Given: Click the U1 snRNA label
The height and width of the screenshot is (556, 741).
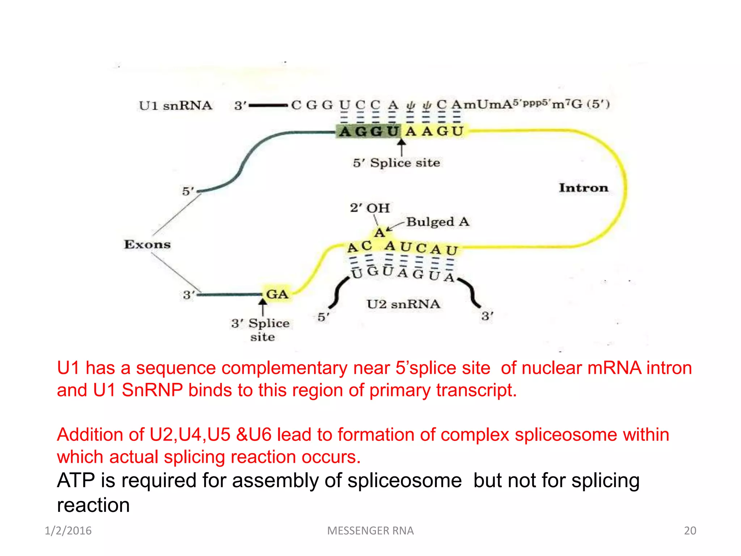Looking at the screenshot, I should [x=175, y=106].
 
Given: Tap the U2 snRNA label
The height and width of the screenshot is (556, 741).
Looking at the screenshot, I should [x=403, y=304].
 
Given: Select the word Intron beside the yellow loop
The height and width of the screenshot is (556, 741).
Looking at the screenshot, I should [x=583, y=188].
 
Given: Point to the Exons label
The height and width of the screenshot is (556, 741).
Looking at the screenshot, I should [x=147, y=244].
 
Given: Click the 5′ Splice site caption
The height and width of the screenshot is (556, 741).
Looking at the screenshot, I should [x=397, y=163].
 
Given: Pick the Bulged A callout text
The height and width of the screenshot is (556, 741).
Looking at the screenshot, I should [x=438, y=222].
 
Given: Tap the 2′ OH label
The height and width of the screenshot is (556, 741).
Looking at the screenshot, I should [x=370, y=208].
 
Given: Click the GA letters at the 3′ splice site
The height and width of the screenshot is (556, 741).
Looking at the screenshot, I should [x=277, y=294].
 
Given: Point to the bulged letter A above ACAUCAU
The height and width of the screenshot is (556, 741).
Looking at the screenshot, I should [x=379, y=232].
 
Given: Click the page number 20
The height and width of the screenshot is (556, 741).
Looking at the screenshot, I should [x=690, y=531].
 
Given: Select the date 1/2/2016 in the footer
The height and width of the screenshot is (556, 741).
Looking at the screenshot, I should [x=68, y=531].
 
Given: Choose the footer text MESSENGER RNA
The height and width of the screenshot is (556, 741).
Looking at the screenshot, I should [x=370, y=531].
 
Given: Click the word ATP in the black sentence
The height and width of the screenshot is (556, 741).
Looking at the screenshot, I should [x=76, y=481].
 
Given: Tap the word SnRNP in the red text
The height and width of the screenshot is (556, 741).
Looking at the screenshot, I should [x=152, y=390].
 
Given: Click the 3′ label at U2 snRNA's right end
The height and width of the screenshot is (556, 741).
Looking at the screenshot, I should [x=487, y=316].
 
